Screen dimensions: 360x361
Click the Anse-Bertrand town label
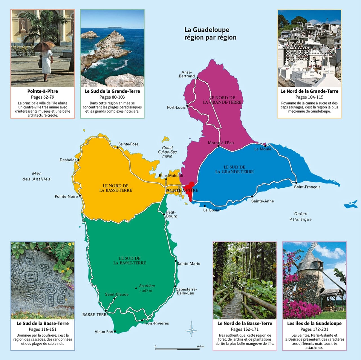(187, 74)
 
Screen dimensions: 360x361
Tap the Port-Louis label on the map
(176, 107)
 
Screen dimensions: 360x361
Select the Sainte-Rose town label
(128, 144)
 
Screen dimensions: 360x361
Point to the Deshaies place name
(68, 160)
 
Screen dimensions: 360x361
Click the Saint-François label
(307, 187)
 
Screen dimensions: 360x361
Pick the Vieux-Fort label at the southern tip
(104, 331)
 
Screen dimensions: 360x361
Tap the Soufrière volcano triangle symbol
(136, 288)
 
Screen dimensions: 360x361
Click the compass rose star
(191, 329)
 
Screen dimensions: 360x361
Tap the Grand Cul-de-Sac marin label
(167, 152)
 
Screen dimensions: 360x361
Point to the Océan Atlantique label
(301, 217)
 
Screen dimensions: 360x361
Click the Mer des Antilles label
(36, 176)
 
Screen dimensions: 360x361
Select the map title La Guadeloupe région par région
(210, 34)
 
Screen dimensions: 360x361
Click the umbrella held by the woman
(44, 45)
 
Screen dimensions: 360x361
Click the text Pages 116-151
(43, 329)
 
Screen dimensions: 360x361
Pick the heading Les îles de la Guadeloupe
(314, 323)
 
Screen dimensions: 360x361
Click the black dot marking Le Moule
(265, 146)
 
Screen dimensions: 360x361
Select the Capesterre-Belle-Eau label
(186, 291)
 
